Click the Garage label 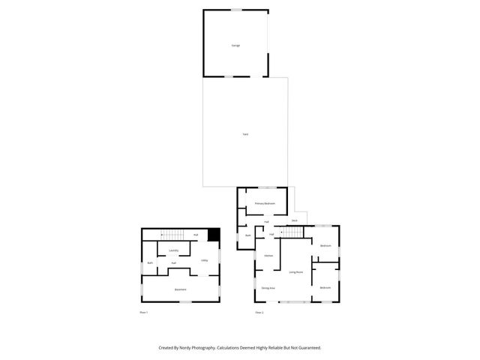point(235,46)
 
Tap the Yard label point(245,134)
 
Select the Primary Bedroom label point(265,203)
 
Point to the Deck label point(295,220)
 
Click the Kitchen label point(268,256)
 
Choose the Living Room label point(296,272)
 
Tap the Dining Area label point(268,289)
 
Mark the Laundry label point(173,250)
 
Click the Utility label point(204,260)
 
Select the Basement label point(181,289)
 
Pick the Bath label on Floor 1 point(150,262)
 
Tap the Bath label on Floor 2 point(247,235)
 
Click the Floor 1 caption point(144,312)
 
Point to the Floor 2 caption point(259,312)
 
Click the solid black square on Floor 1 point(214,235)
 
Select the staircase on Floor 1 point(172,235)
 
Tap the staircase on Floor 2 point(294,233)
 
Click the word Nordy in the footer point(189,348)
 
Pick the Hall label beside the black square point(196,235)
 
